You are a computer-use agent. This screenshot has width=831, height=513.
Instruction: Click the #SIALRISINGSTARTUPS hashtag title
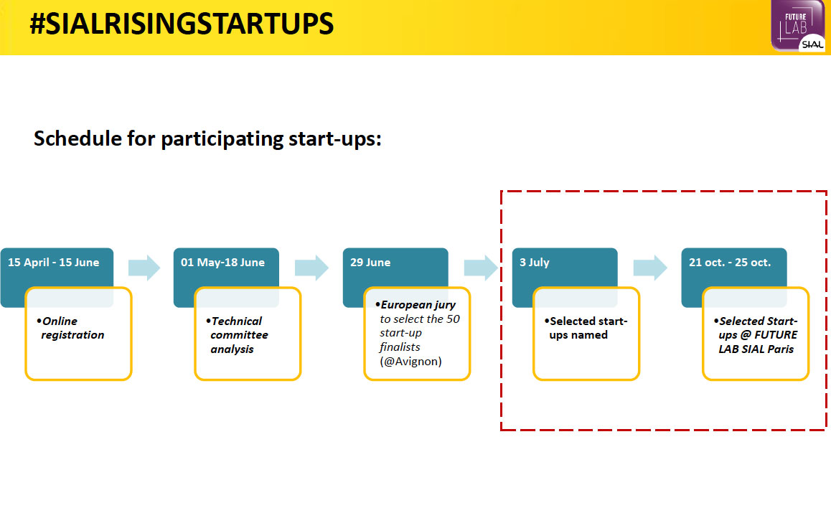coord(182,24)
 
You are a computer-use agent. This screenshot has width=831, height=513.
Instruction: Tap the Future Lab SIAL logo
coord(797,26)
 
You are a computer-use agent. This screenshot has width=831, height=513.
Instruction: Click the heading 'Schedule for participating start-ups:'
coord(207,139)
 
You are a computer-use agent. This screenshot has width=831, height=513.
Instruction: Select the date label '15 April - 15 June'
coord(53,263)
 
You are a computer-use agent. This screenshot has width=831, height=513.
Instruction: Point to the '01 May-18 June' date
coord(222,263)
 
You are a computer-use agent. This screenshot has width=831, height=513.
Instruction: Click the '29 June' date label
coord(370,263)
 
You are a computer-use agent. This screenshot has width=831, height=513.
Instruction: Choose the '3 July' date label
coord(534,263)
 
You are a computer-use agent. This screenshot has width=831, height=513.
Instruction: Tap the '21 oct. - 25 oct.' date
coord(730,263)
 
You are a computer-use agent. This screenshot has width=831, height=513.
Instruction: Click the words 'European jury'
coord(415,305)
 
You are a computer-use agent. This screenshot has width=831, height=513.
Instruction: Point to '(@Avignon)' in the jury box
coord(410,362)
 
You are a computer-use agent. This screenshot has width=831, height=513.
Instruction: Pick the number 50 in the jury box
coord(453,319)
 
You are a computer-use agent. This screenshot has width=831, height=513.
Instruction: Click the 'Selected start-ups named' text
coord(586,328)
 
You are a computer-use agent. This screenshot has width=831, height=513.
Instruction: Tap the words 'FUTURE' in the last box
coord(776,335)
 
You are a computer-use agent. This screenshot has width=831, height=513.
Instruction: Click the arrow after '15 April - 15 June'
coord(144,268)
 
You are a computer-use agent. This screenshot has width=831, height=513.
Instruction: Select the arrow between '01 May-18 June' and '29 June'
coord(311,268)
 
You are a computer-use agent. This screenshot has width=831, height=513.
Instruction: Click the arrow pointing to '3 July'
coord(482,268)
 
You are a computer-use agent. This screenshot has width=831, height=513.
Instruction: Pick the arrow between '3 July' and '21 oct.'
coord(650,268)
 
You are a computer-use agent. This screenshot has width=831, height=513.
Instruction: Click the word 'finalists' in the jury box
coord(400,347)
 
